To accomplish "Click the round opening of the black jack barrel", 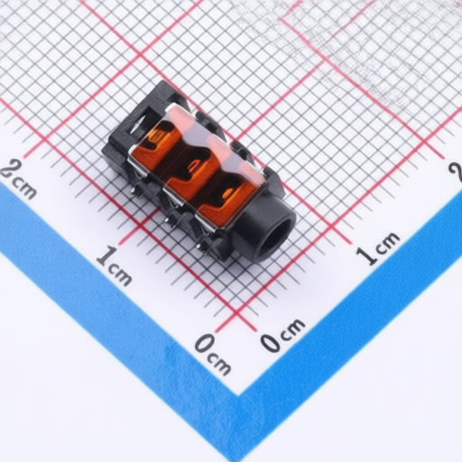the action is coord(277,236).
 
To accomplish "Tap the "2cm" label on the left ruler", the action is coord(19,179).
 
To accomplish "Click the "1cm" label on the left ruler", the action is coord(114,265).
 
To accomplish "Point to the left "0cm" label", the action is coord(213,355).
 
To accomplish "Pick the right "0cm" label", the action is coord(282,335).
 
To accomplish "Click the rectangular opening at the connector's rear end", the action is coord(139,124).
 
